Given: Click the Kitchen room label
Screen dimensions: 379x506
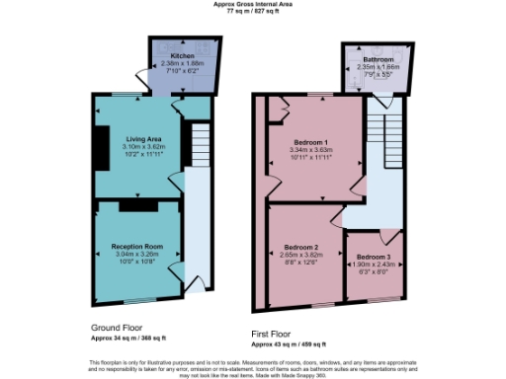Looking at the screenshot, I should (182, 56).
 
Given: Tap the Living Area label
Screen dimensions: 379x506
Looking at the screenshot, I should (142, 139).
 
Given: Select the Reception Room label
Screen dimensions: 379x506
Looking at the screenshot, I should (136, 246).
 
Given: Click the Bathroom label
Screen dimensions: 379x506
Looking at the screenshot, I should (377, 59).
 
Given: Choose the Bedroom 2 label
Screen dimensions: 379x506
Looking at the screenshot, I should (300, 246).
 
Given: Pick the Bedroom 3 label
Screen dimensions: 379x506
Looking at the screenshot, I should (374, 257).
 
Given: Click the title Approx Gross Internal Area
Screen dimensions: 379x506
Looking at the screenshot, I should (253, 4).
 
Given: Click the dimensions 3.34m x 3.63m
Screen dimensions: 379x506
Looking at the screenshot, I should (311, 150).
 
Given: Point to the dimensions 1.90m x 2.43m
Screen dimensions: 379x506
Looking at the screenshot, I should (374, 265).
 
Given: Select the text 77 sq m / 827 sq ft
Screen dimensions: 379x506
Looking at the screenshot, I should (253, 11).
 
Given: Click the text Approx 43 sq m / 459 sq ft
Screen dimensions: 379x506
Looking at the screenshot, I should (289, 343).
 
